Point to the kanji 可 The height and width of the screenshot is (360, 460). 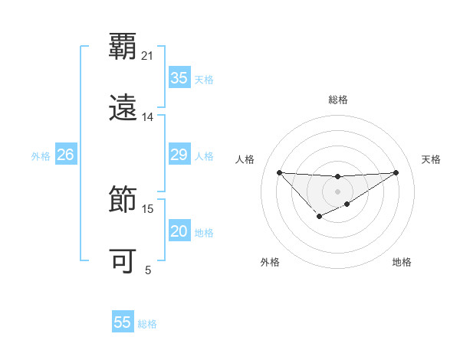(x=123, y=261)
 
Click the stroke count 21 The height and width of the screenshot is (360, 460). (x=148, y=56)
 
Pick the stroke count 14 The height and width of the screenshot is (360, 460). (x=148, y=117)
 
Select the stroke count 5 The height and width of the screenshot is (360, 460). (x=148, y=270)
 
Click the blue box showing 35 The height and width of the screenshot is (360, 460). (x=179, y=78)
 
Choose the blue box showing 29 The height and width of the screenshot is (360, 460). (x=179, y=155)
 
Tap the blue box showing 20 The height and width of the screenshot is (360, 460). (x=179, y=231)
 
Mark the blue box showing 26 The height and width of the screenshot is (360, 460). (x=65, y=155)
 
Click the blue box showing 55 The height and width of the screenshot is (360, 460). (x=123, y=322)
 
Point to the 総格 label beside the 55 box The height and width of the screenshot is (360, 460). (x=147, y=324)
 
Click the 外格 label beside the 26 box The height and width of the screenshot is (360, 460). (x=41, y=156)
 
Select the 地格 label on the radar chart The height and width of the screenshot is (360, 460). (x=402, y=262)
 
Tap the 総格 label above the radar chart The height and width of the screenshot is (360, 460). (x=338, y=100)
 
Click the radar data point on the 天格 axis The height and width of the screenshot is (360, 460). (x=396, y=172)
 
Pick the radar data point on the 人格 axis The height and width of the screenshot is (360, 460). (x=279, y=172)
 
